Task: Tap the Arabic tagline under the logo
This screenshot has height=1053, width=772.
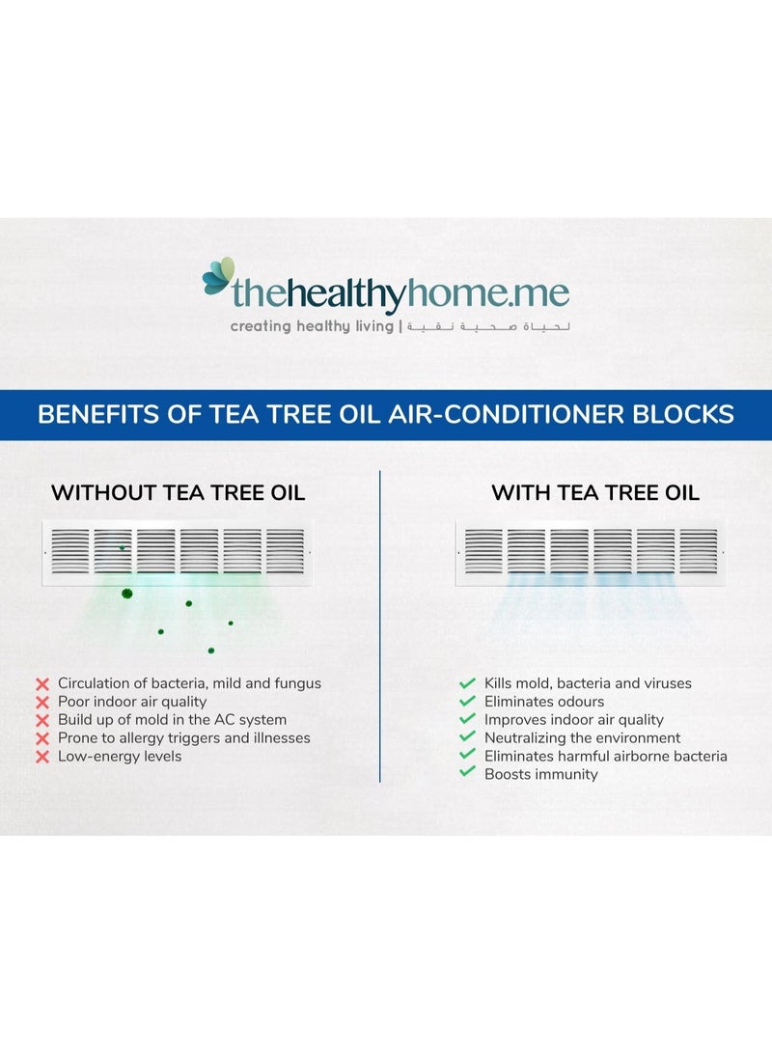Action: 488,326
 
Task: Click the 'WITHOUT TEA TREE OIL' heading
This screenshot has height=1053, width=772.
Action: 178,492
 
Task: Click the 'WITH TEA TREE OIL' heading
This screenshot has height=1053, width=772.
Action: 595,492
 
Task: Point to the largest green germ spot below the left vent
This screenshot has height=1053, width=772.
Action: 126,593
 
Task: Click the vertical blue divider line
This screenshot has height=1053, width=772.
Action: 380,627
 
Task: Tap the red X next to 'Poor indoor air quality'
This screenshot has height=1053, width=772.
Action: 41,702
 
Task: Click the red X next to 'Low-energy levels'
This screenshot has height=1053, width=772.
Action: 41,757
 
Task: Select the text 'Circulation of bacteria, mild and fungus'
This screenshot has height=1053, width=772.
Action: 189,683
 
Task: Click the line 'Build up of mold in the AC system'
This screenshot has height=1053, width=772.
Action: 172,720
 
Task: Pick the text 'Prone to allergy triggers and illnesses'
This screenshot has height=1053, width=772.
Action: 183,738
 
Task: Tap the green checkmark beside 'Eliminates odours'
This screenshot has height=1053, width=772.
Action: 467,702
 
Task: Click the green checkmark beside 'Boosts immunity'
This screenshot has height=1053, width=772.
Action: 467,773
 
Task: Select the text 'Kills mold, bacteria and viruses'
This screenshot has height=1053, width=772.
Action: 588,683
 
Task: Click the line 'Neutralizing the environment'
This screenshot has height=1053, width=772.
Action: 582,738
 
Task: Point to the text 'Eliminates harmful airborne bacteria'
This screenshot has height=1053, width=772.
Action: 605,757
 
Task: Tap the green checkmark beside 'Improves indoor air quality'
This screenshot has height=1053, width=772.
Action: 467,720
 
